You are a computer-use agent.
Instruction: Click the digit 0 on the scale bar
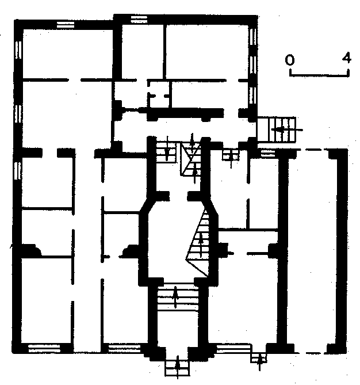(x=290, y=60)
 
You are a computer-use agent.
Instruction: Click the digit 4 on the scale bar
(x=347, y=58)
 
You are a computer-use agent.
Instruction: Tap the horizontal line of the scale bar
(x=319, y=75)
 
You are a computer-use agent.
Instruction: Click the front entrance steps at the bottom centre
(x=177, y=368)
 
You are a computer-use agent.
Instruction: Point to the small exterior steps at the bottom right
(x=259, y=358)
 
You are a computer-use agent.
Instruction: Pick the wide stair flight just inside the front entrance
(x=178, y=297)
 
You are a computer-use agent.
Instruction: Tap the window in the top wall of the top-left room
(x=66, y=25)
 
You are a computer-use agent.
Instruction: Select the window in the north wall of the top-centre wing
(x=139, y=20)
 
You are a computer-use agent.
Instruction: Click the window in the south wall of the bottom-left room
(x=44, y=348)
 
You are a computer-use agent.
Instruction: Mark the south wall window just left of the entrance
(x=124, y=348)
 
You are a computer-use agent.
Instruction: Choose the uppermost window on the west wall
(x=18, y=50)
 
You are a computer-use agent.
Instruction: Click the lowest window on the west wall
(x=18, y=171)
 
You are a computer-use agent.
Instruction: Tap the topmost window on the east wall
(x=253, y=37)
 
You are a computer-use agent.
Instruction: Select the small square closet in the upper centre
(x=159, y=94)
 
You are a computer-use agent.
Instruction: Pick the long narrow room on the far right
(x=312, y=250)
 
